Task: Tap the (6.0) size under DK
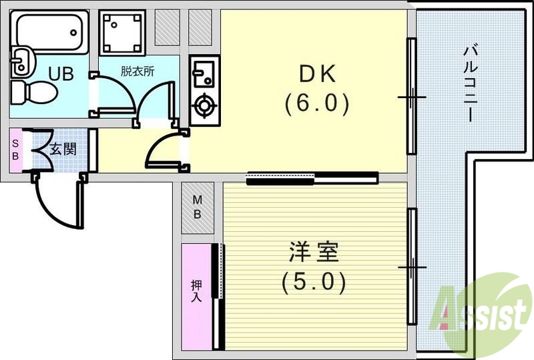click(315, 104)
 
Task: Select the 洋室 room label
click(314, 253)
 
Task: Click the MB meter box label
click(198, 207)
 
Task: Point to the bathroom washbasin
click(21, 63)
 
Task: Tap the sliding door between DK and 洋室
click(312, 178)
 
